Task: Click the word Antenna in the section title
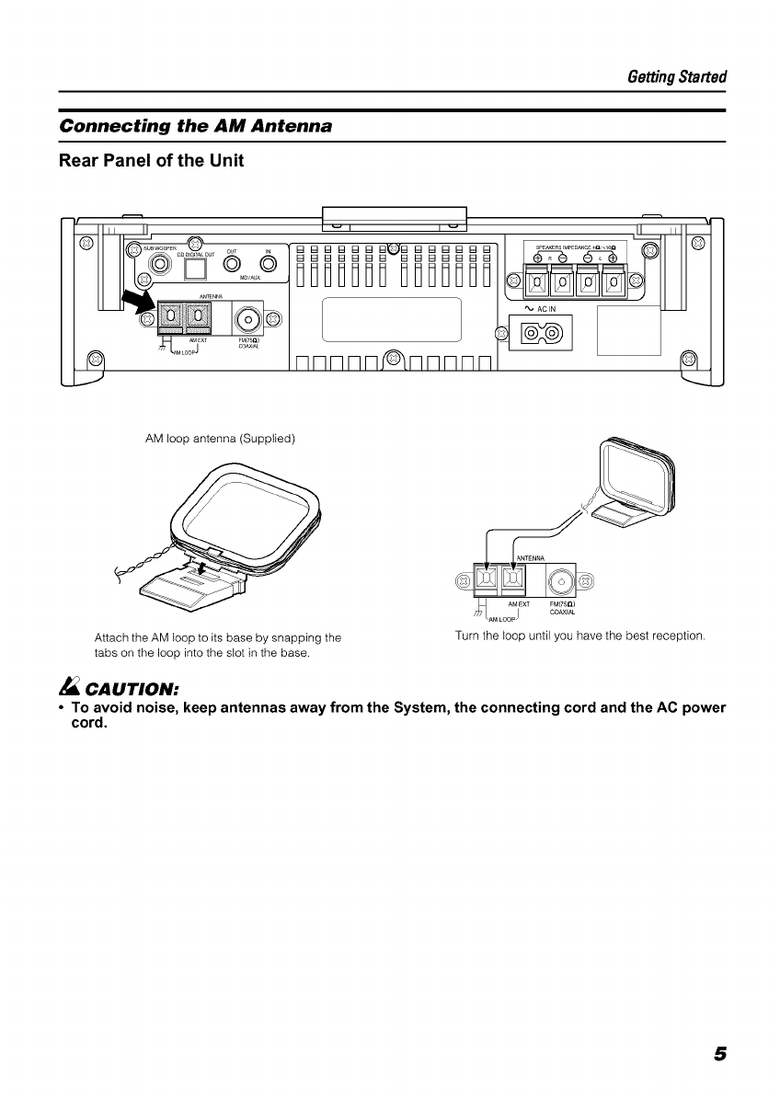282,125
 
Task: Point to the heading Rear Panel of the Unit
151,162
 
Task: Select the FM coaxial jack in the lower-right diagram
561,579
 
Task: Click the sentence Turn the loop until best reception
580,636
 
